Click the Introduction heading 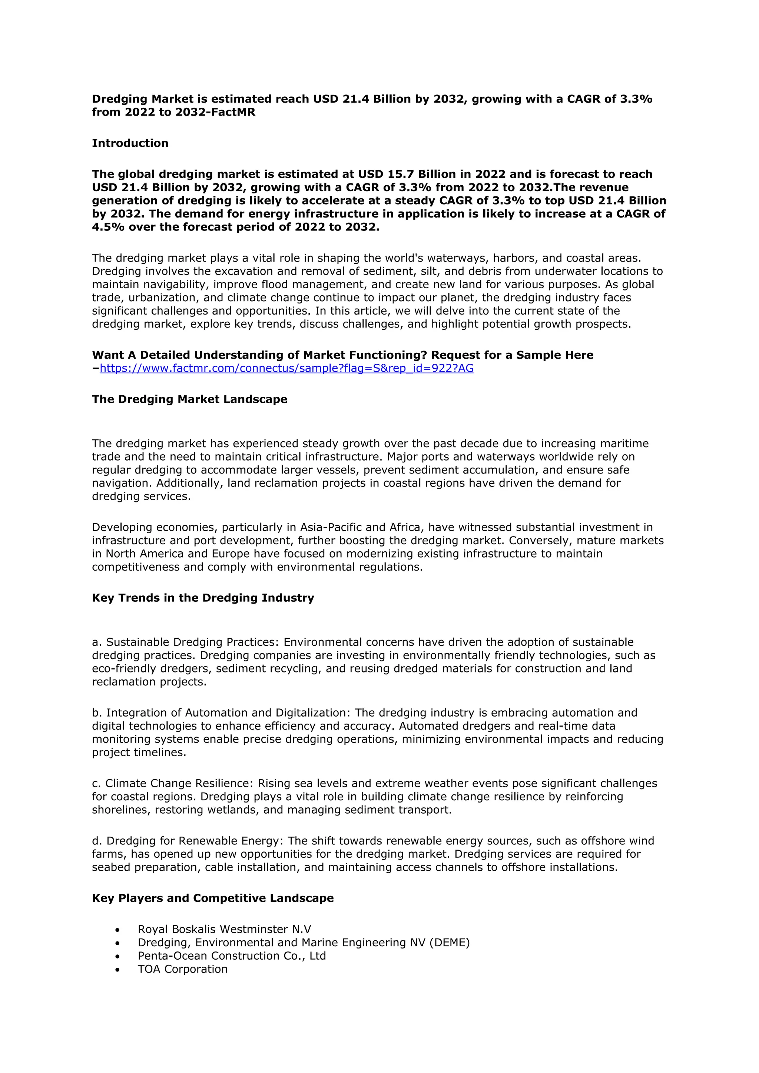130,143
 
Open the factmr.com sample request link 286,368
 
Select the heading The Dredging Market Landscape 189,399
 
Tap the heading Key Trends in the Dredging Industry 203,598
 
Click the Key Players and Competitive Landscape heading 213,898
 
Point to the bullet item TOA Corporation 182,969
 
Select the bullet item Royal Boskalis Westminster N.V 224,929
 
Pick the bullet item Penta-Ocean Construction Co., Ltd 231,956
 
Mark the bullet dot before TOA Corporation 117,970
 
